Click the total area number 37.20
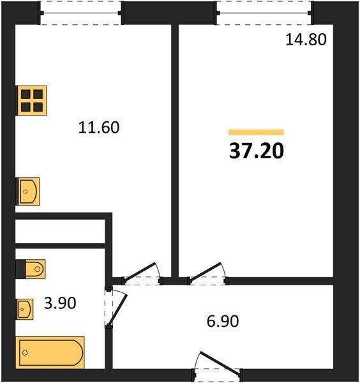[256, 151]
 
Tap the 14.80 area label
[305, 40]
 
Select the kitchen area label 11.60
[99, 127]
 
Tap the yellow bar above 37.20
[256, 132]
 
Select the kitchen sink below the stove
[29, 191]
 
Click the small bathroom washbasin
[25, 309]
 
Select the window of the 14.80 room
[264, 12]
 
